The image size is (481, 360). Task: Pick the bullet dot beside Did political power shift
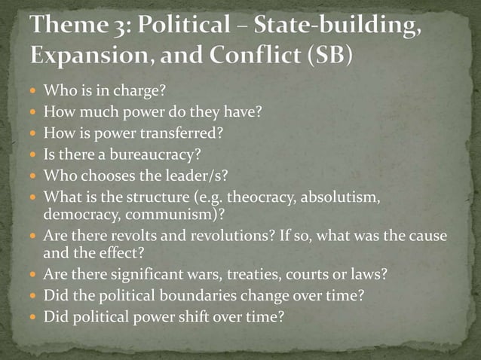[33, 316]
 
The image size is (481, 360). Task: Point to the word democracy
[72, 214]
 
